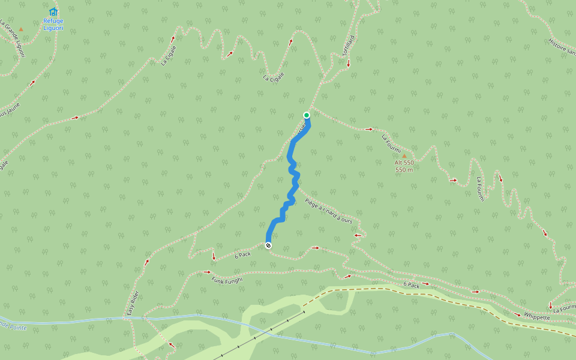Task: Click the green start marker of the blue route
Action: click(x=306, y=115)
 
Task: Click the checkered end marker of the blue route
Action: click(x=268, y=245)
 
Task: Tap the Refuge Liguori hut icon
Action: click(x=53, y=11)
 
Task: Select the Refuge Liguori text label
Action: click(x=53, y=24)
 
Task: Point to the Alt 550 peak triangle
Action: click(x=404, y=156)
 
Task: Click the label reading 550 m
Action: click(x=404, y=170)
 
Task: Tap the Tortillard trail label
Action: click(x=348, y=46)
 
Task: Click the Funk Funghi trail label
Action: click(x=227, y=280)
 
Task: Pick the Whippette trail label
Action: click(x=536, y=316)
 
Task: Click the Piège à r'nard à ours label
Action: click(x=328, y=211)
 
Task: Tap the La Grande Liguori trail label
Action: click(x=13, y=39)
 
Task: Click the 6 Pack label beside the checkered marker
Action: click(x=243, y=254)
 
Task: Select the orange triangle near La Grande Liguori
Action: click(x=21, y=29)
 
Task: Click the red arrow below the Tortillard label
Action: click(x=348, y=62)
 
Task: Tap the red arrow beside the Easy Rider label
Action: click(x=146, y=262)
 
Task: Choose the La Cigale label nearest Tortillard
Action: click(x=273, y=77)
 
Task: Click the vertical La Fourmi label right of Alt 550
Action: click(x=479, y=188)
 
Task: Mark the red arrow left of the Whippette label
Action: click(x=517, y=314)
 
